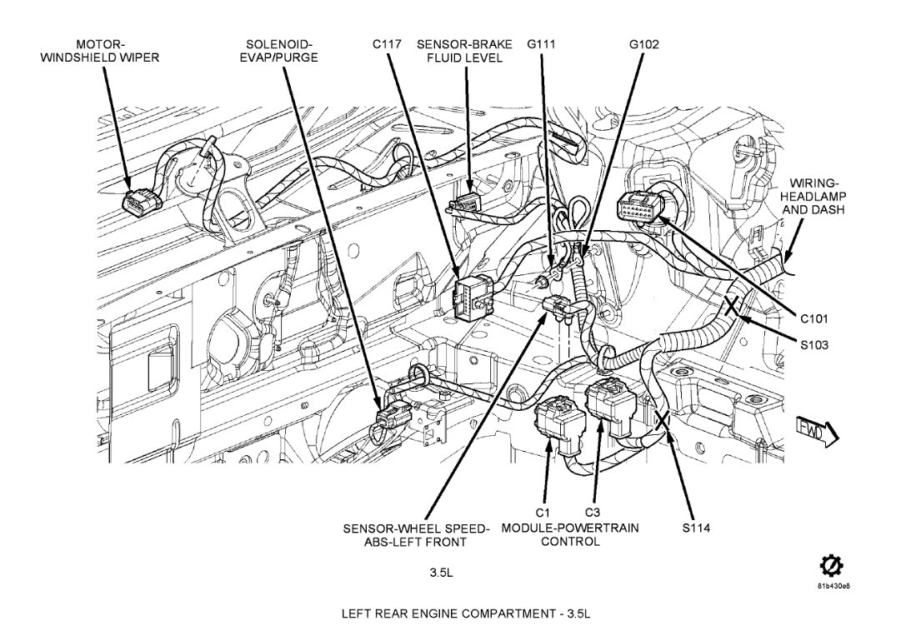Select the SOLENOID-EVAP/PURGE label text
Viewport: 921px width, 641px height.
point(281,51)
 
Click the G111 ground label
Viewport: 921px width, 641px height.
point(541,44)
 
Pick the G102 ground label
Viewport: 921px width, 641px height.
point(644,44)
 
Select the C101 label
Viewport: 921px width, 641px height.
point(814,318)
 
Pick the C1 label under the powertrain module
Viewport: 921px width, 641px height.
point(543,512)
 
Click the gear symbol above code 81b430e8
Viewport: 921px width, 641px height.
point(830,568)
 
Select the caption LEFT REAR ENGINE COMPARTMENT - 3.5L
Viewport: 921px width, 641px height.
point(460,614)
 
